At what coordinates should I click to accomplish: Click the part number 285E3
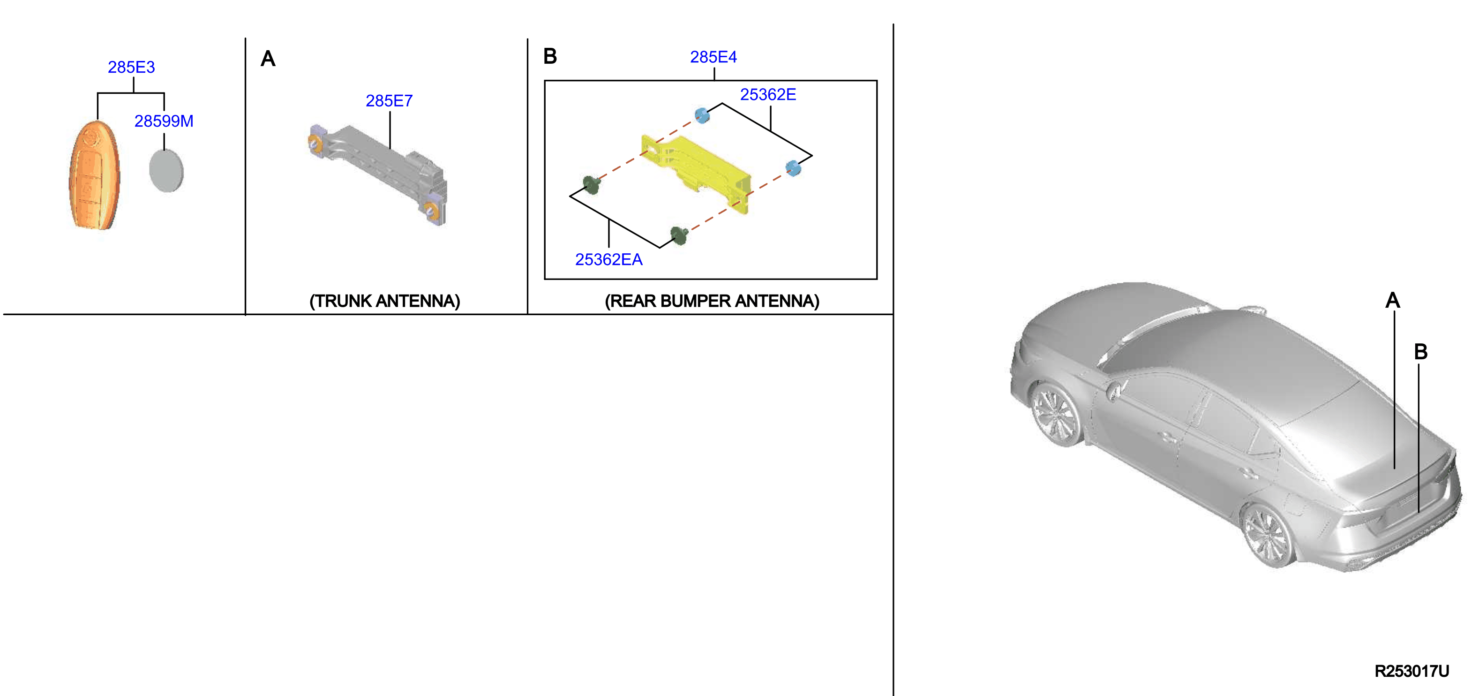click(x=131, y=67)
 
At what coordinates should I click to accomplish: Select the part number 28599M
click(x=164, y=121)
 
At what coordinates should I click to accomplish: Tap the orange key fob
click(x=94, y=175)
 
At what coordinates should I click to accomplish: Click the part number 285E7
click(x=389, y=101)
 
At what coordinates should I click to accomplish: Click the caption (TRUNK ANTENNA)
click(x=385, y=301)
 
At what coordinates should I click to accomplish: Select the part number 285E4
click(x=713, y=57)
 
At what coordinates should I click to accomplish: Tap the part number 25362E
click(x=768, y=94)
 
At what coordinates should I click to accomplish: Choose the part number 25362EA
click(x=608, y=259)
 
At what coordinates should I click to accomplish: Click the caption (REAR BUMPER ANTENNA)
click(x=712, y=301)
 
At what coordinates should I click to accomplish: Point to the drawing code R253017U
click(x=1411, y=671)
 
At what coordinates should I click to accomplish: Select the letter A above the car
click(x=1392, y=300)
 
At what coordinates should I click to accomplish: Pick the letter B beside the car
click(x=1420, y=351)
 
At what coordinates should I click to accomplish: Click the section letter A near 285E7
click(x=268, y=59)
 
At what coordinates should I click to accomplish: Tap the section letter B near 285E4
click(x=549, y=56)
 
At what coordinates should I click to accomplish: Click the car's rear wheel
click(x=1269, y=537)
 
